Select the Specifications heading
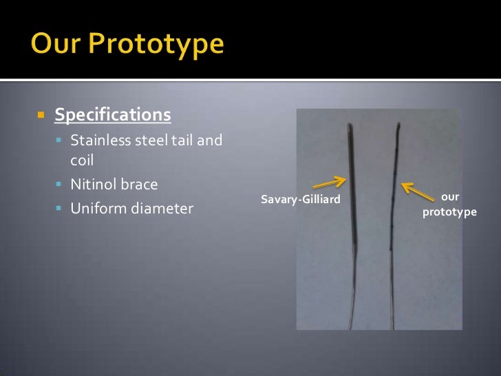112,114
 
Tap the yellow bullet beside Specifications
41,114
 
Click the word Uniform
97,208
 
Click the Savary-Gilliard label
301,200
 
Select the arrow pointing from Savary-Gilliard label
329,182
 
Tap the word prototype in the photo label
449,212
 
